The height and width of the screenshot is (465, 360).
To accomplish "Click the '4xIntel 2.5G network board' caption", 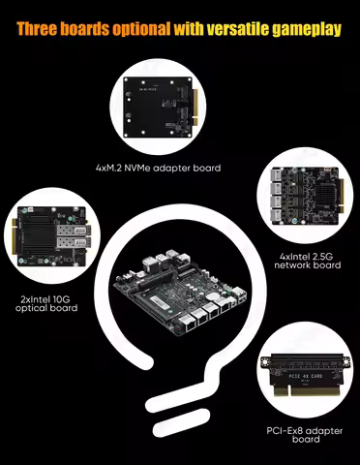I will tap(310, 261).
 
